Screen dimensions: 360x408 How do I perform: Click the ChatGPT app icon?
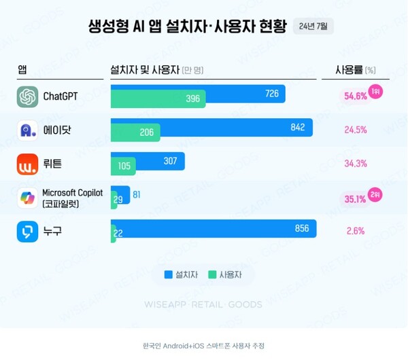(27, 96)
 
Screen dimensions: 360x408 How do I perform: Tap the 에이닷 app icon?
(27, 130)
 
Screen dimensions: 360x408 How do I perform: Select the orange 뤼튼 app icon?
(27, 164)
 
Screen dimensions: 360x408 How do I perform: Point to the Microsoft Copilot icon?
(27, 198)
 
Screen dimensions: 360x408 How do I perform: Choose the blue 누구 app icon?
(27, 232)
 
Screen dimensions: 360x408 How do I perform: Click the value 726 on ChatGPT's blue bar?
(272, 94)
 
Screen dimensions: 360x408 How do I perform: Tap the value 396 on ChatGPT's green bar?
(193, 99)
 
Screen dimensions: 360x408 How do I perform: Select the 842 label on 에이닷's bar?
(297, 127)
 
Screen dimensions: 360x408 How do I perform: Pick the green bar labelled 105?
(124, 166)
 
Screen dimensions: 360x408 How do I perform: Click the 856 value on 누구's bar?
(302, 228)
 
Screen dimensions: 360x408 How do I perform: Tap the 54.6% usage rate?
(356, 96)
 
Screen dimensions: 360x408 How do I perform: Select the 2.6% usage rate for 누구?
(356, 232)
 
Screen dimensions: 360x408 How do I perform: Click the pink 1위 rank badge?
(375, 91)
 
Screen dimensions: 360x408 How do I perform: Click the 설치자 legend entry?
(181, 274)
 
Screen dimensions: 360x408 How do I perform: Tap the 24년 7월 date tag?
(313, 27)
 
